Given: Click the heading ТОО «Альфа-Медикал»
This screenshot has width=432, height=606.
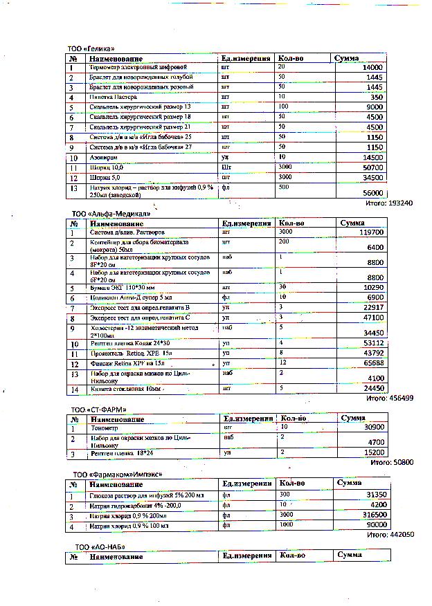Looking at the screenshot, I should [111, 214].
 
